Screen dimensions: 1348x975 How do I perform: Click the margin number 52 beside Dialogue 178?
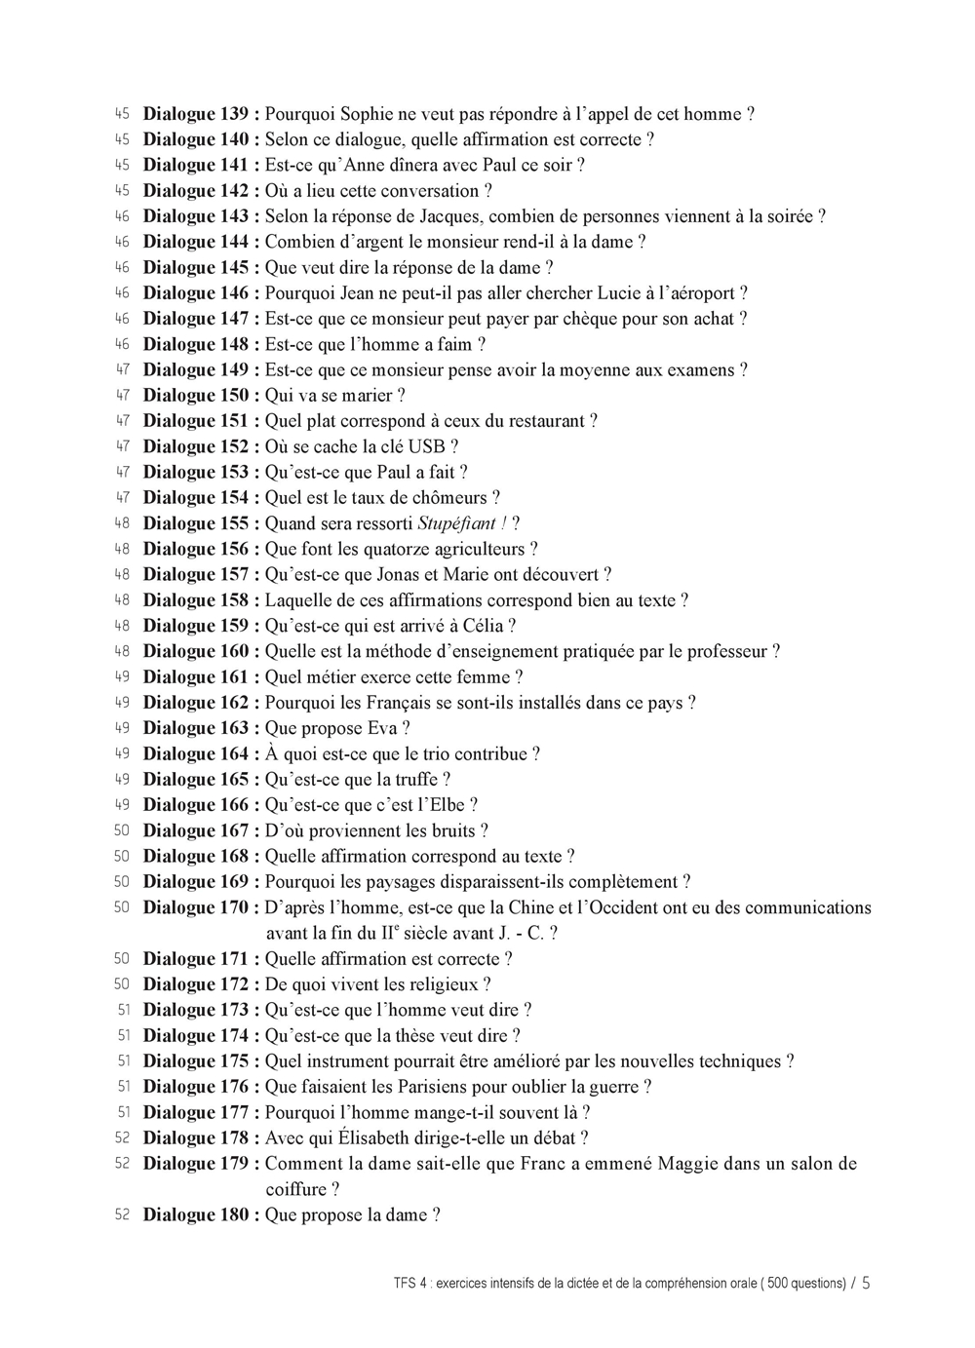click(x=122, y=1137)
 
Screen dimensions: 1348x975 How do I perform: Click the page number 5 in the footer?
click(x=866, y=1283)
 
